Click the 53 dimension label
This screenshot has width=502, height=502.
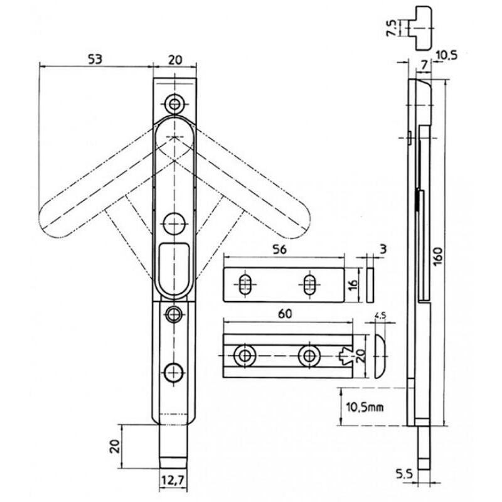pyautogui.click(x=95, y=60)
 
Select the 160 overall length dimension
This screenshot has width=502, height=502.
pyautogui.click(x=438, y=256)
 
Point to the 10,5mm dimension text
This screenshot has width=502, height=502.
pyautogui.click(x=365, y=407)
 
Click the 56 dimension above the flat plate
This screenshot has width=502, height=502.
pyautogui.click(x=280, y=250)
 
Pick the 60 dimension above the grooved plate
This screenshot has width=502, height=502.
pyautogui.click(x=285, y=314)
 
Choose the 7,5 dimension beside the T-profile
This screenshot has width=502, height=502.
pyautogui.click(x=392, y=28)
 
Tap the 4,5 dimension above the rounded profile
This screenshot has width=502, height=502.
pyautogui.click(x=380, y=316)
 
